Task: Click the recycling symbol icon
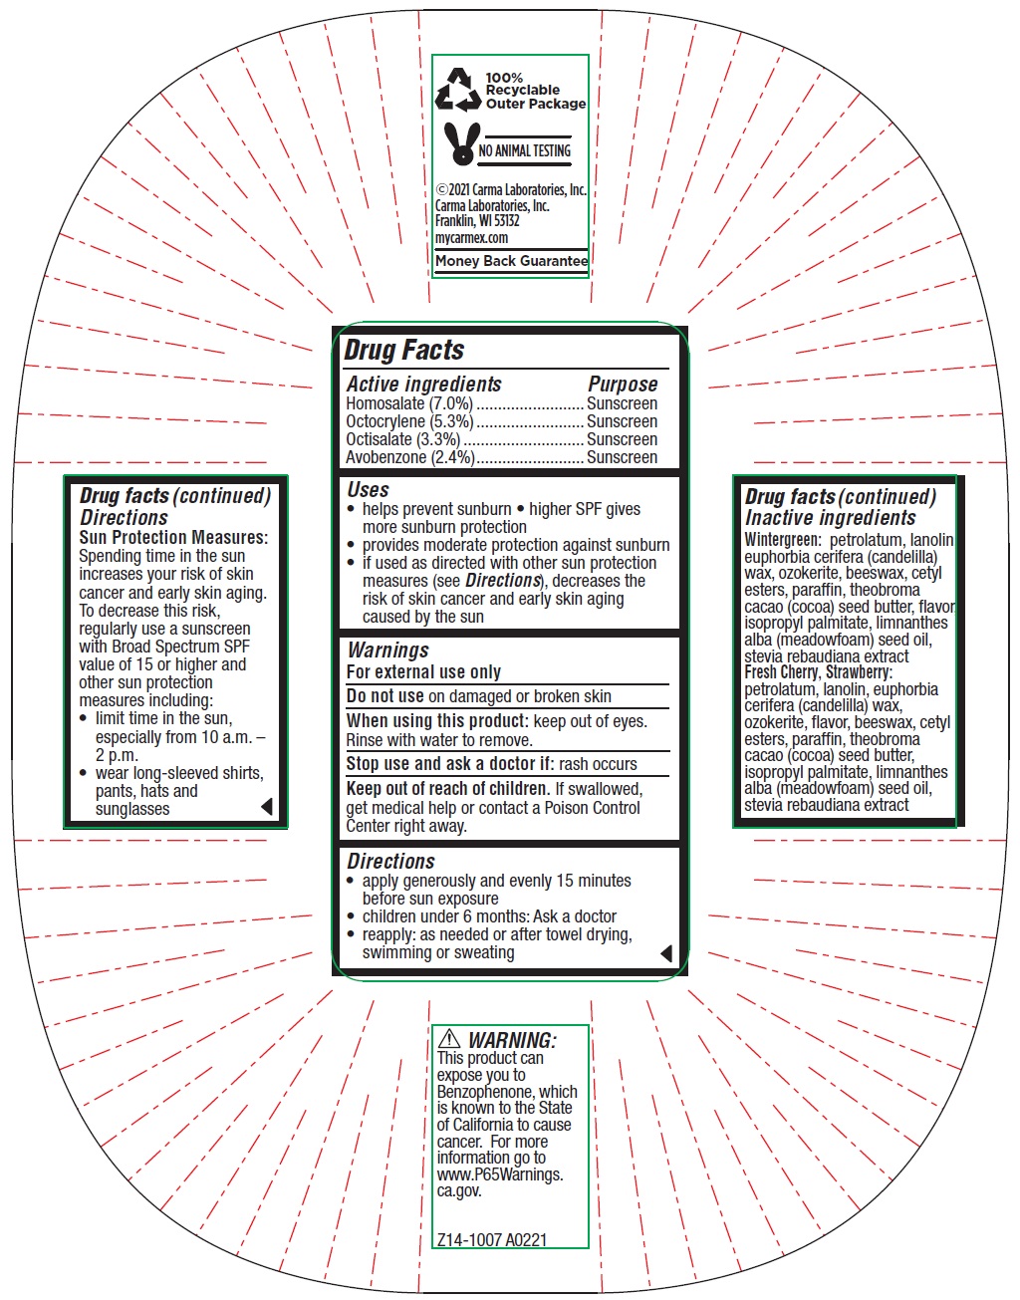458,90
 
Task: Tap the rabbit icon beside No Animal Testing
463,144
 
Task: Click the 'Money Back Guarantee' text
511,261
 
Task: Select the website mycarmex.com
471,237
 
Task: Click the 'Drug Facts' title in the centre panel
404,351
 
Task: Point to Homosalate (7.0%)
409,403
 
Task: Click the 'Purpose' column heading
623,384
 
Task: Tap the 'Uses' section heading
368,489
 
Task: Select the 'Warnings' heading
387,650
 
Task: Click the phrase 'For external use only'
423,672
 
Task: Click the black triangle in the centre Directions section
666,953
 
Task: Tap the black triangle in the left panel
267,807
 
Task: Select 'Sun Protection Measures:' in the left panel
173,537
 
